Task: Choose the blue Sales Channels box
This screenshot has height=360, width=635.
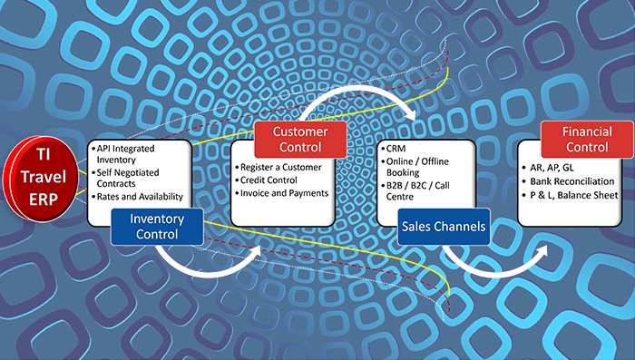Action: (444, 226)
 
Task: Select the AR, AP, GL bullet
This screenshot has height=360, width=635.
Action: (554, 169)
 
